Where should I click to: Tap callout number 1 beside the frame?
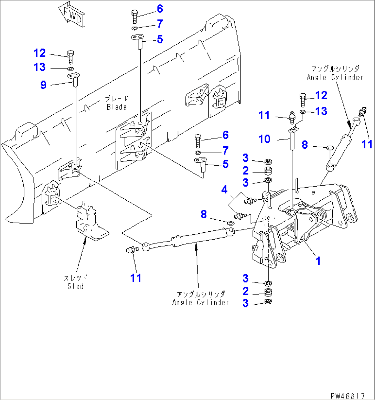pyautogui.click(x=318, y=261)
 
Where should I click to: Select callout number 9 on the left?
pyautogui.click(x=43, y=85)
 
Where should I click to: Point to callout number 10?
pyautogui.click(x=264, y=139)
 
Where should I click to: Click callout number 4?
pyautogui.click(x=224, y=189)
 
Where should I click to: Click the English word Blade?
pyautogui.click(x=117, y=107)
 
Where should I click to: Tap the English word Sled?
pyautogui.click(x=75, y=286)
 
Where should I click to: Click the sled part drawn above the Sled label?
pyautogui.click(x=90, y=222)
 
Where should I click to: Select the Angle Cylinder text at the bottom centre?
pyautogui.click(x=201, y=302)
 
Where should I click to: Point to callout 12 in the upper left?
pyautogui.click(x=40, y=53)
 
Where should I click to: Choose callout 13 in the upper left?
pyautogui.click(x=40, y=67)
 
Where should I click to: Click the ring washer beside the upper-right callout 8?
pyautogui.click(x=329, y=148)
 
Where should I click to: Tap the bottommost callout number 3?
pyautogui.click(x=245, y=303)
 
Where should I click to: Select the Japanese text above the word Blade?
pyautogui.click(x=117, y=99)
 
